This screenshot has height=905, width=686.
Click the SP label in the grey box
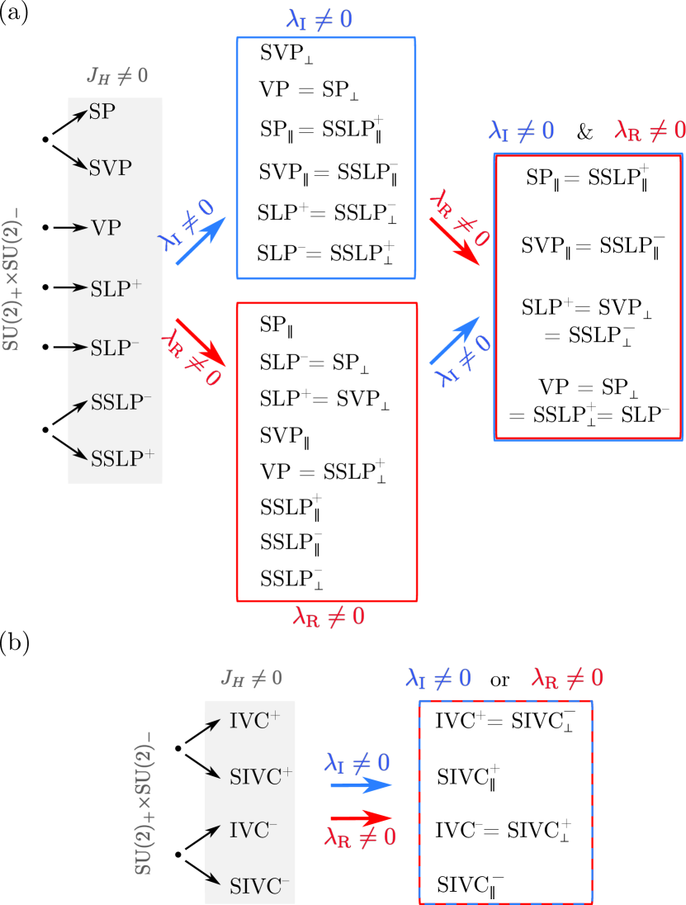click(102, 112)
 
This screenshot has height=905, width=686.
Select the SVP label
click(111, 168)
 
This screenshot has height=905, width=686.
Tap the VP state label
click(106, 228)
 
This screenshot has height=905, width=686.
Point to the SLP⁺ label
click(116, 288)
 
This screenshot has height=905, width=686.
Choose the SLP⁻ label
click(115, 348)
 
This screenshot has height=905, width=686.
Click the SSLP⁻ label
click(121, 403)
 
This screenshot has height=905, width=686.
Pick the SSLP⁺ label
click(122, 457)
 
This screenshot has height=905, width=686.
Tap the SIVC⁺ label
click(261, 776)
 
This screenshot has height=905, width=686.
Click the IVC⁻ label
click(253, 831)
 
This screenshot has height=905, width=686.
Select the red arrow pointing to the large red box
click(201, 341)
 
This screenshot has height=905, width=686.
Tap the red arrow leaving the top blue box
click(455, 241)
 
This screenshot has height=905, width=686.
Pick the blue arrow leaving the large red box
click(455, 340)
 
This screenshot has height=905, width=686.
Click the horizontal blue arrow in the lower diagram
click(361, 784)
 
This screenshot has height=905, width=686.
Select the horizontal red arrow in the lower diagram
click(361, 817)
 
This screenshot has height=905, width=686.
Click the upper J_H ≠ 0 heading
click(117, 77)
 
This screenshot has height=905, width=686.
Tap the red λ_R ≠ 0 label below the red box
click(329, 616)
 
